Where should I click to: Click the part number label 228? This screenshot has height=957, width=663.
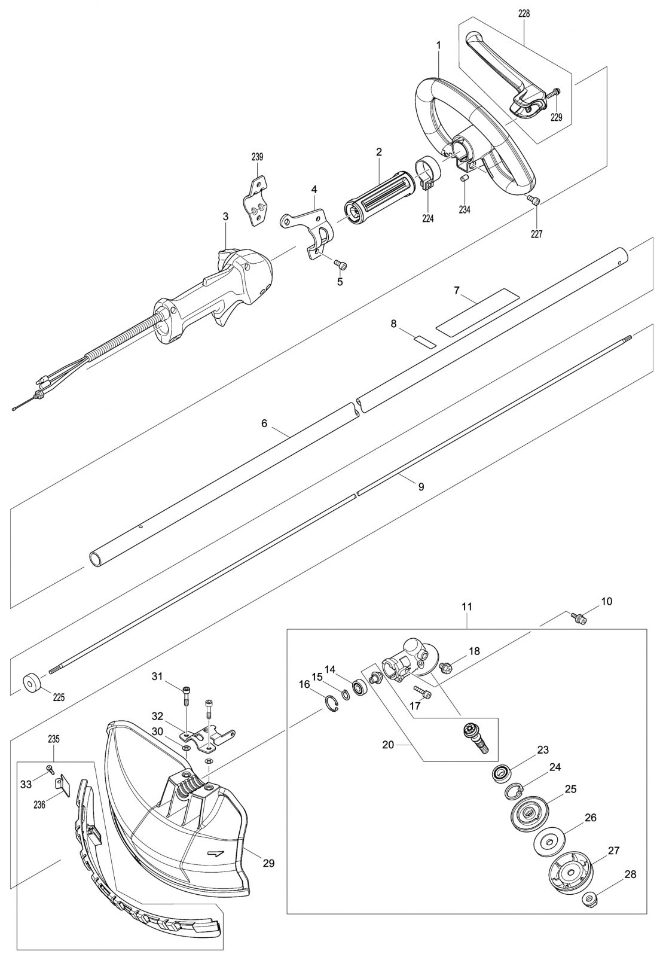[x=524, y=14]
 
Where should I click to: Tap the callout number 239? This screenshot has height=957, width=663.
[x=257, y=157]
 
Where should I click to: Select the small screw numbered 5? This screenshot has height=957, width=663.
[x=341, y=265]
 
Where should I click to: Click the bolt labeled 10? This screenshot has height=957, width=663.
[x=579, y=617]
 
